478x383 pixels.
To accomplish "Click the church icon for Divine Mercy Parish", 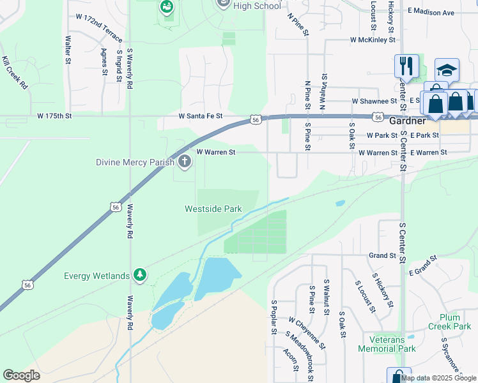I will (x=185, y=161).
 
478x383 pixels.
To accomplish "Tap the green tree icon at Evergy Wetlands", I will (x=140, y=276).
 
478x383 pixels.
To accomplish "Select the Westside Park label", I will (x=213, y=209).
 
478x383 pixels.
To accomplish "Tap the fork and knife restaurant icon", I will (x=406, y=65).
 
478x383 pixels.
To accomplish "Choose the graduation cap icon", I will (x=447, y=70).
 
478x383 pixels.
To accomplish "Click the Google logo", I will (x=21, y=375).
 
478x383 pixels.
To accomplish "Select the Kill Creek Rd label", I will (x=15, y=73).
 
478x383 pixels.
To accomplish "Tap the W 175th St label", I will (x=55, y=116).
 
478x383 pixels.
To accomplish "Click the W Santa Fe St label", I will (x=200, y=116).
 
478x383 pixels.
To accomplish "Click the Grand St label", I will (x=383, y=255).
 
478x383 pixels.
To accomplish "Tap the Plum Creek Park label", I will (x=455, y=322).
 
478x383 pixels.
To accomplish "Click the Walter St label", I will (x=67, y=50).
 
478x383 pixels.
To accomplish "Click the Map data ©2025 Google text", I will (x=438, y=377).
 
